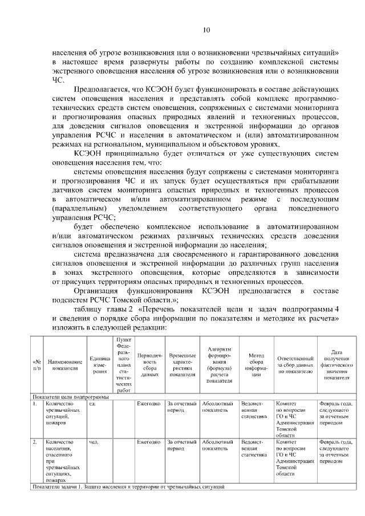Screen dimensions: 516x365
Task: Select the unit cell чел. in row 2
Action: click(x=95, y=442)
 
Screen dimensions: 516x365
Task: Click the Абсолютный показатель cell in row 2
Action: click(x=215, y=445)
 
